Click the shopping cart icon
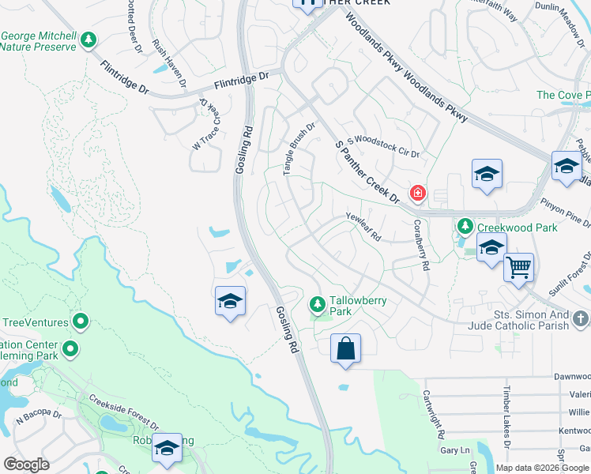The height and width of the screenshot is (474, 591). (x=518, y=267)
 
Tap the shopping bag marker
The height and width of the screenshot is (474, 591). (x=346, y=348)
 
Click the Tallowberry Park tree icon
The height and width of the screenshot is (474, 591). (x=318, y=303)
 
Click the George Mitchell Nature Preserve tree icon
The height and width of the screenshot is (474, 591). (x=89, y=39)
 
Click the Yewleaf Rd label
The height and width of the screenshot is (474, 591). (x=363, y=225)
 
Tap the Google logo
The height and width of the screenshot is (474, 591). (x=26, y=465)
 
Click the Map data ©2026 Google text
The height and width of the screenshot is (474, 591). (x=542, y=468)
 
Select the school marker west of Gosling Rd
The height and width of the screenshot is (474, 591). (x=230, y=301)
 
